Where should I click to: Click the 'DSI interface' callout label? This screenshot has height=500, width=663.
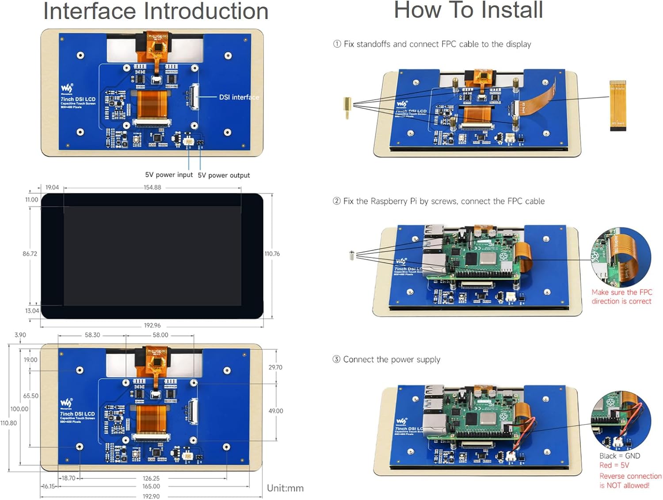coord(239,97)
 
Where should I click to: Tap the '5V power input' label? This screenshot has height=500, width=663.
coord(169,175)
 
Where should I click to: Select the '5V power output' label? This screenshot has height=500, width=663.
coord(224,176)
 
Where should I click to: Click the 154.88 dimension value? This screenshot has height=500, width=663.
coord(152,187)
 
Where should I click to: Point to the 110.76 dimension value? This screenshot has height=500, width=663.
coord(272,254)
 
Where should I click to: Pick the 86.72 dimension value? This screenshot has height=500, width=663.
coord(30,254)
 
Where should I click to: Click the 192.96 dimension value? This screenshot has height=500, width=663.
coord(152,325)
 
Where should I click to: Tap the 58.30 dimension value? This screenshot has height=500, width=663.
coord(92,335)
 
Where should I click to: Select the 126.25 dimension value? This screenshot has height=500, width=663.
coord(151,478)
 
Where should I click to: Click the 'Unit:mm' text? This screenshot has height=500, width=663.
coord(285,488)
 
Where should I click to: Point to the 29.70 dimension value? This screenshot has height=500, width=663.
coord(275,367)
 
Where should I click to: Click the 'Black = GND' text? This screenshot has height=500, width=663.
coord(619,456)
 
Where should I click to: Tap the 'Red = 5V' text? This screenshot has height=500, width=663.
coord(614,465)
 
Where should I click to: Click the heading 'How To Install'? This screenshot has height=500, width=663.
coord(468,10)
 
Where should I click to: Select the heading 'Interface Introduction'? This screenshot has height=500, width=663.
coord(156,11)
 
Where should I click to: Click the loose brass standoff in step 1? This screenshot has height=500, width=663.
coord(348,107)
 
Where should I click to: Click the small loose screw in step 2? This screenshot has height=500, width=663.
coord(352,256)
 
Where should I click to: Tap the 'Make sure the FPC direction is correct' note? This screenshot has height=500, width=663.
coord(621,297)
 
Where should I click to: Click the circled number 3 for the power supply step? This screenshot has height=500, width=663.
coord(336,359)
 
